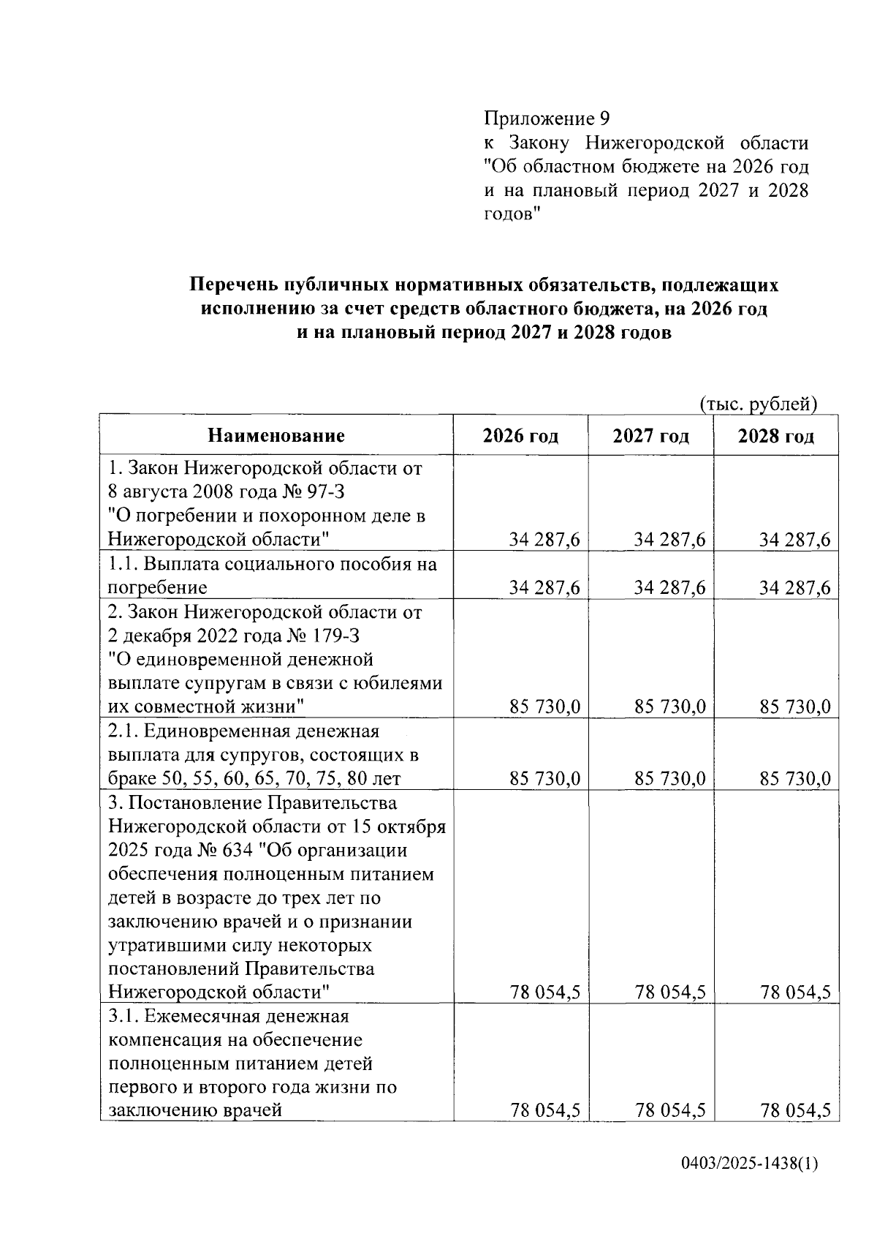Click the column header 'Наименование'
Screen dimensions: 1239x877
click(276, 437)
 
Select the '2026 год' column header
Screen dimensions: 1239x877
click(520, 437)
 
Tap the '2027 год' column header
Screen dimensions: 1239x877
click(650, 437)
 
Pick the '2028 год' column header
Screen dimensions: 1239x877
click(775, 437)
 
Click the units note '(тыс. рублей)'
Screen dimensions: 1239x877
click(758, 404)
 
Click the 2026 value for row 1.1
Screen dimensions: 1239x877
click(544, 588)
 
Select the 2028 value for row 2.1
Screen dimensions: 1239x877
click(795, 779)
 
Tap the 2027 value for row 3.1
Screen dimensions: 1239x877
click(670, 1111)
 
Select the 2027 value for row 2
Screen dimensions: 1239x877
click(670, 707)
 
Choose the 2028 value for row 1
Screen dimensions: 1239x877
click(795, 541)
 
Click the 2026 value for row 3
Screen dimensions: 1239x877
click(544, 993)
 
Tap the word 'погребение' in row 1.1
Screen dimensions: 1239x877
click(157, 588)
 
